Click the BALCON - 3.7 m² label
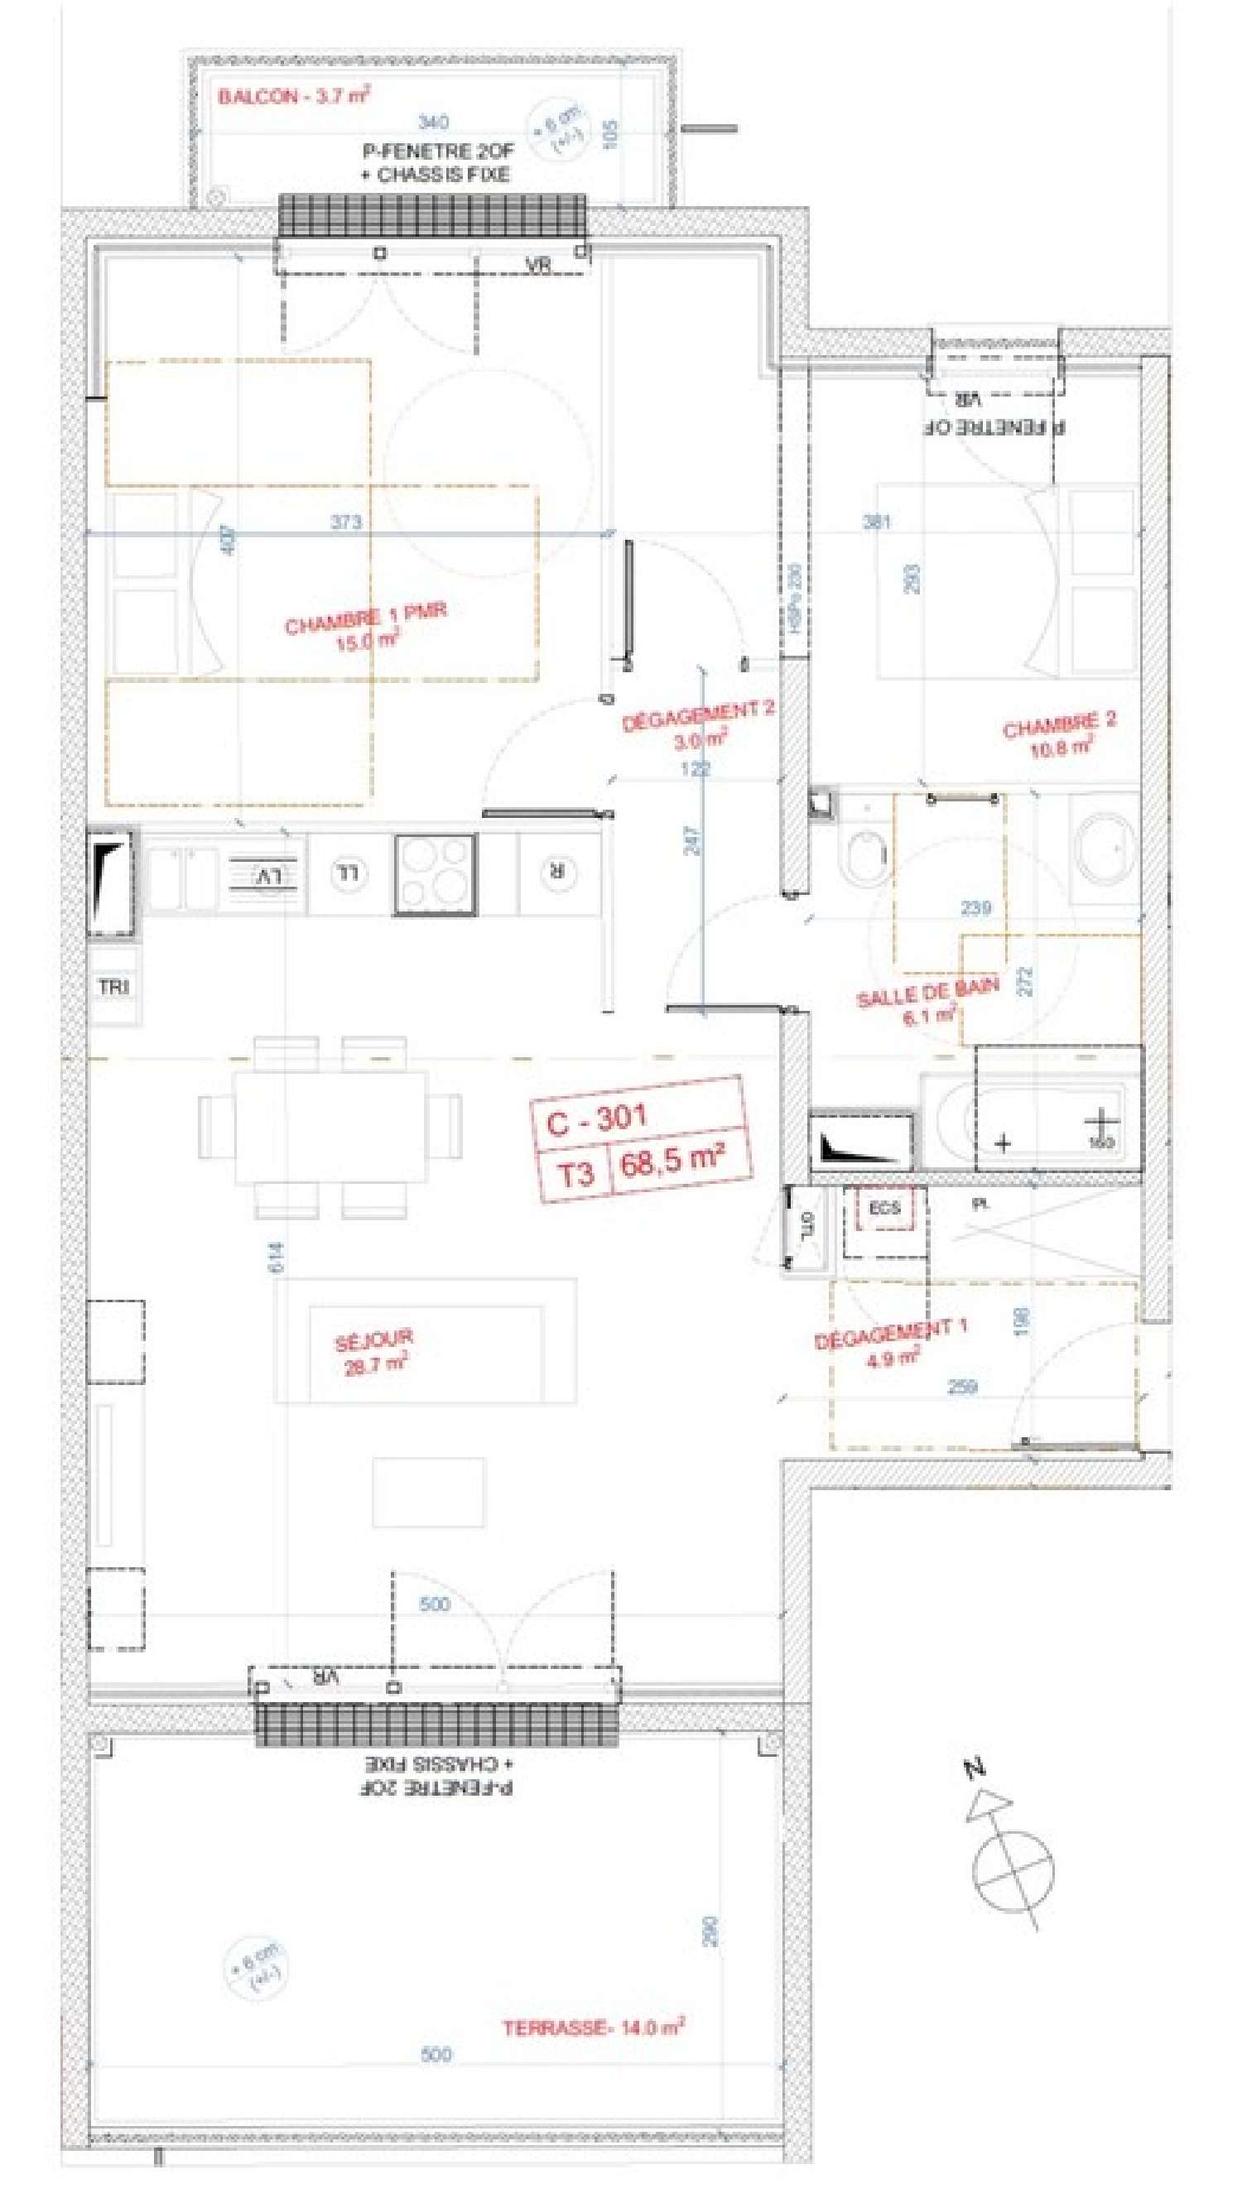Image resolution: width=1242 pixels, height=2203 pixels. point(292,95)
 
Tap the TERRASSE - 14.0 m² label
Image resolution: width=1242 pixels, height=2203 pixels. point(592,2027)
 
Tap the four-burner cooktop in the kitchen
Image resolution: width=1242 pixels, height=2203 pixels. point(435,874)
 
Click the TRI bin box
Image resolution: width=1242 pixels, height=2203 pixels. point(113,987)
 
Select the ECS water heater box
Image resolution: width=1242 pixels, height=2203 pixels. point(884,1209)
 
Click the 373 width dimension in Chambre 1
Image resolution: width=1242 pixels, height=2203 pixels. point(345,522)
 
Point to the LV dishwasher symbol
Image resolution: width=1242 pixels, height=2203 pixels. point(267,876)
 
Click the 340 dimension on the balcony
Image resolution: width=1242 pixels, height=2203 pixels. point(433,123)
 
